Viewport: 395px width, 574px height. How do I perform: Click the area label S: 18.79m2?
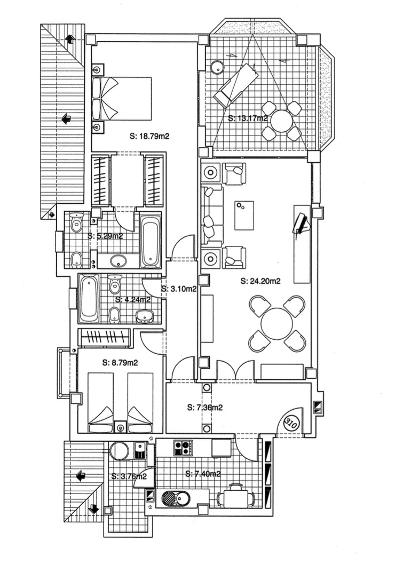click(149, 136)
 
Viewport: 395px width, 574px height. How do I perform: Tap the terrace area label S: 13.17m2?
click(247, 118)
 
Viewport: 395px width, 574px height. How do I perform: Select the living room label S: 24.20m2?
click(262, 281)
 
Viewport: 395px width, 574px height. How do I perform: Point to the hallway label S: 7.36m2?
click(205, 408)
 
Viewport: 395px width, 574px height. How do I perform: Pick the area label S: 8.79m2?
click(120, 363)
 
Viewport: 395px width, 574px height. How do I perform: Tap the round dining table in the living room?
click(277, 324)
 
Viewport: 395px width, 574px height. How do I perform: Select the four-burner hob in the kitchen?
click(183, 447)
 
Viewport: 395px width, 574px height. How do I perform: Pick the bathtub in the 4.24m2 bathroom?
click(89, 300)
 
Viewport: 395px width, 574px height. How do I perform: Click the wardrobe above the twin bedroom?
click(104, 338)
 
